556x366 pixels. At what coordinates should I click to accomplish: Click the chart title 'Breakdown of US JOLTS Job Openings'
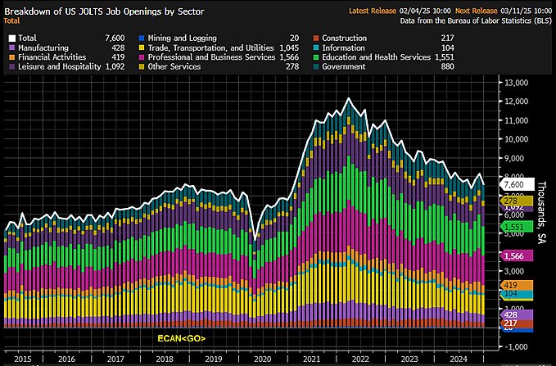pos(91,10)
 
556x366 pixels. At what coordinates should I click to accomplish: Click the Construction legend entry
pos(344,38)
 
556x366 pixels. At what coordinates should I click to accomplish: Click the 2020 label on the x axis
pos(262,359)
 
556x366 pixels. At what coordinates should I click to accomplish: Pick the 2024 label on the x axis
pos(459,359)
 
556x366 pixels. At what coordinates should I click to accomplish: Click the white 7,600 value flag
pos(518,185)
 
